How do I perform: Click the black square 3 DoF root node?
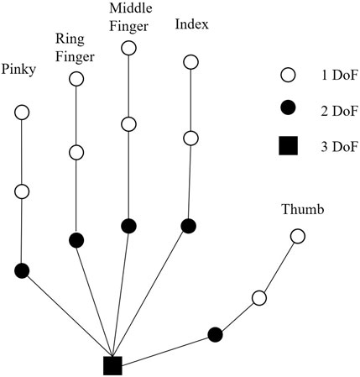pyautogui.click(x=112, y=365)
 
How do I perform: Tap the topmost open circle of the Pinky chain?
pyautogui.click(x=22, y=113)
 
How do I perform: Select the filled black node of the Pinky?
pyautogui.click(x=22, y=270)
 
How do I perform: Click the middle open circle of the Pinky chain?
pyautogui.click(x=22, y=191)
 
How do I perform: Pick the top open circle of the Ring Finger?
pyautogui.click(x=76, y=79)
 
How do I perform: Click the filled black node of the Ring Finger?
pyautogui.click(x=76, y=240)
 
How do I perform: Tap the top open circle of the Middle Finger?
pyautogui.click(x=128, y=47)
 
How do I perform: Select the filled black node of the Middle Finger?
pyautogui.click(x=128, y=225)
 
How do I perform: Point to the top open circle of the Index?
pyautogui.click(x=190, y=62)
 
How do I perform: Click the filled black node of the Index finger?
pyautogui.click(x=189, y=225)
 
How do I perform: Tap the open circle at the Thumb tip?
pyautogui.click(x=298, y=237)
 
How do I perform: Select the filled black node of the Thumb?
pyautogui.click(x=216, y=334)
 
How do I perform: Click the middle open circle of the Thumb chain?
pyautogui.click(x=259, y=298)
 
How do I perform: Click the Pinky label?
pyautogui.click(x=19, y=69)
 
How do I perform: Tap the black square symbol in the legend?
pyautogui.click(x=287, y=148)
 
